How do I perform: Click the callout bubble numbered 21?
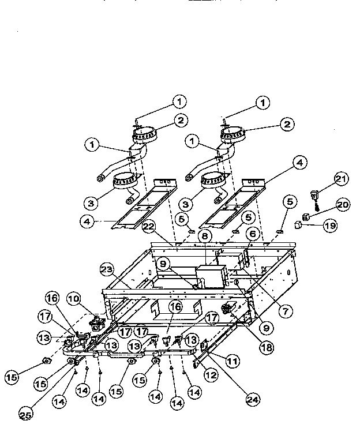pos(342,179)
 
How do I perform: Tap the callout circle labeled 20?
pos(343,204)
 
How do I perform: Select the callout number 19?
pos(329,226)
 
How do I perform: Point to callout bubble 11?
pos(232,362)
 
